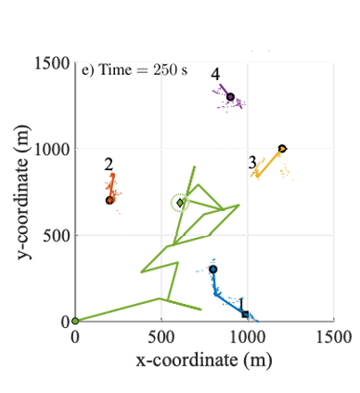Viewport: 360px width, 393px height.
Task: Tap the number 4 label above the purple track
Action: [216, 74]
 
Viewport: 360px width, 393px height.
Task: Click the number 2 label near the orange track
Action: [108, 164]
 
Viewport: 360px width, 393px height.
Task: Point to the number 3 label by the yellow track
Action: [252, 161]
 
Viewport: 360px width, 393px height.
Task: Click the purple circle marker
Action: [230, 97]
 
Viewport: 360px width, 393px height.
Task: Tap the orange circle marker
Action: [110, 201]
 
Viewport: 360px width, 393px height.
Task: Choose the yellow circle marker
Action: [282, 149]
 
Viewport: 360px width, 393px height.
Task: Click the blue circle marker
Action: [213, 269]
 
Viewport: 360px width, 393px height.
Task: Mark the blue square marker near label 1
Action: [246, 314]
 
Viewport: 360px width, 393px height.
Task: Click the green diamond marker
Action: [180, 203]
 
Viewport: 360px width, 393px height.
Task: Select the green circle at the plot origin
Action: [75, 321]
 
